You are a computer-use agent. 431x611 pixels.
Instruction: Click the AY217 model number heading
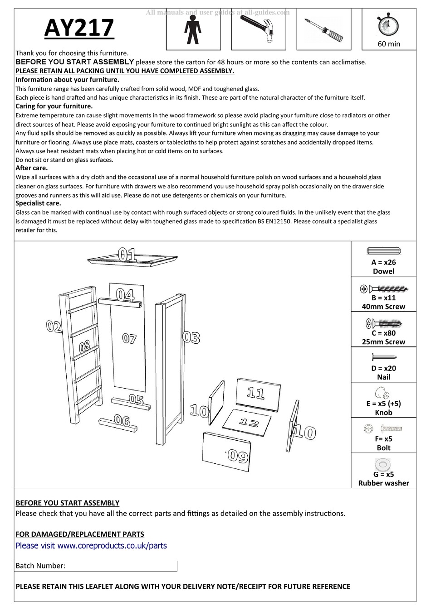point(79,28)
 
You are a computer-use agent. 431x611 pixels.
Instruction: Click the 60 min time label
point(389,44)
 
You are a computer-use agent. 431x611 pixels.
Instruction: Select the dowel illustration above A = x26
point(383,251)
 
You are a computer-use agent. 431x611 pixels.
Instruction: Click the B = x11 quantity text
point(383,298)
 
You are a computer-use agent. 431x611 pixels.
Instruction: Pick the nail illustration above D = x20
point(383,357)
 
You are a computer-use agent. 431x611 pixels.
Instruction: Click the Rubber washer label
point(383,483)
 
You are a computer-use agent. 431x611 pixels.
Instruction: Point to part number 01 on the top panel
point(127,255)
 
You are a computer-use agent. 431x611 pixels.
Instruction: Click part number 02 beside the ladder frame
point(54,326)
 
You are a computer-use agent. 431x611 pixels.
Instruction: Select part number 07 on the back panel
point(129,338)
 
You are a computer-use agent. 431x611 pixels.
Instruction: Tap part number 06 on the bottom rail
point(122,421)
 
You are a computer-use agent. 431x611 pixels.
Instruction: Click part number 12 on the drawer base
point(249,423)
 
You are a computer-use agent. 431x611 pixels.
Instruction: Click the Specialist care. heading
point(38,203)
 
